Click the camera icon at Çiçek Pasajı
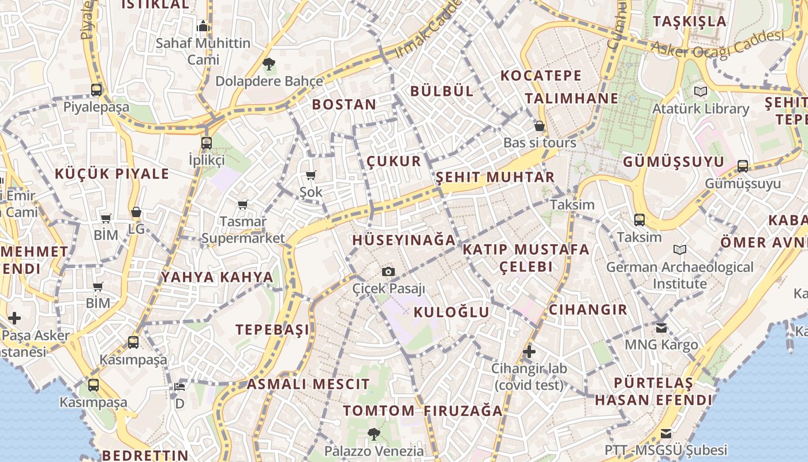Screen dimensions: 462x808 coord(389,271)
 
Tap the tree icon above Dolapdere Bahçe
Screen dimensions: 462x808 coord(268,64)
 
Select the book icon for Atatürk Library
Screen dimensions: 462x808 coord(701,91)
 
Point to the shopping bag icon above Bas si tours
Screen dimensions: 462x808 coord(540,125)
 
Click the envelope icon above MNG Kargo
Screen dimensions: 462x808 coord(661,328)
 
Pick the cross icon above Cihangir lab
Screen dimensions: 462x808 coord(529,351)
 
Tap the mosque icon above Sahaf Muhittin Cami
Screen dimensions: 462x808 coord(203,26)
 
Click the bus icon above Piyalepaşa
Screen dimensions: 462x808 coord(96,90)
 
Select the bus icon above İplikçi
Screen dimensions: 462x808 coord(207,143)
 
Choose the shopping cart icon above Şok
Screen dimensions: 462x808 coord(311,175)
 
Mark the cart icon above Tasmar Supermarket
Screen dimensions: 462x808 coord(243,204)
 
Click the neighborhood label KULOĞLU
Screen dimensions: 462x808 coord(451,312)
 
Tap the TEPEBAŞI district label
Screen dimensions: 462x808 coord(272,330)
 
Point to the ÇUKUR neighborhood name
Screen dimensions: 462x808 coord(394,161)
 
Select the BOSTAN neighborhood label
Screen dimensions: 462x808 coord(344,105)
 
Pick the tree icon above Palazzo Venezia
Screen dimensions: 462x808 coord(374,434)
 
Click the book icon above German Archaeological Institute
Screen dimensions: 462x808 coord(680,249)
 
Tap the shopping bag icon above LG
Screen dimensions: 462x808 coord(136,212)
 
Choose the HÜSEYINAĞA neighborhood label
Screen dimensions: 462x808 coord(403,240)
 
